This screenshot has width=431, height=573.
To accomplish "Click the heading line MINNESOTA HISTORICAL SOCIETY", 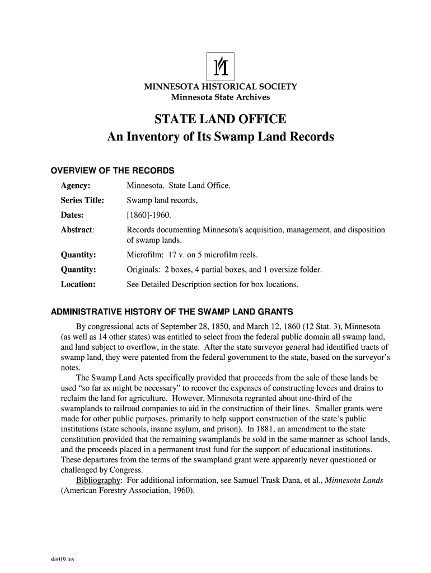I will tap(221, 87).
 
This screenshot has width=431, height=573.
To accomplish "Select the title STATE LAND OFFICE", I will tap(221, 119).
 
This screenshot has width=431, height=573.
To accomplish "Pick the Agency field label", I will tap(76, 185).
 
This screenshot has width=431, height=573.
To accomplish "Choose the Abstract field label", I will tap(77, 230).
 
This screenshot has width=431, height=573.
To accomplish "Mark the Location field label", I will tap(78, 284).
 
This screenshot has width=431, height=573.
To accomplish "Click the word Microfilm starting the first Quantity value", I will tap(144, 255).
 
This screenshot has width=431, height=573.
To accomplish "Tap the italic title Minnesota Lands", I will tap(354, 481).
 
